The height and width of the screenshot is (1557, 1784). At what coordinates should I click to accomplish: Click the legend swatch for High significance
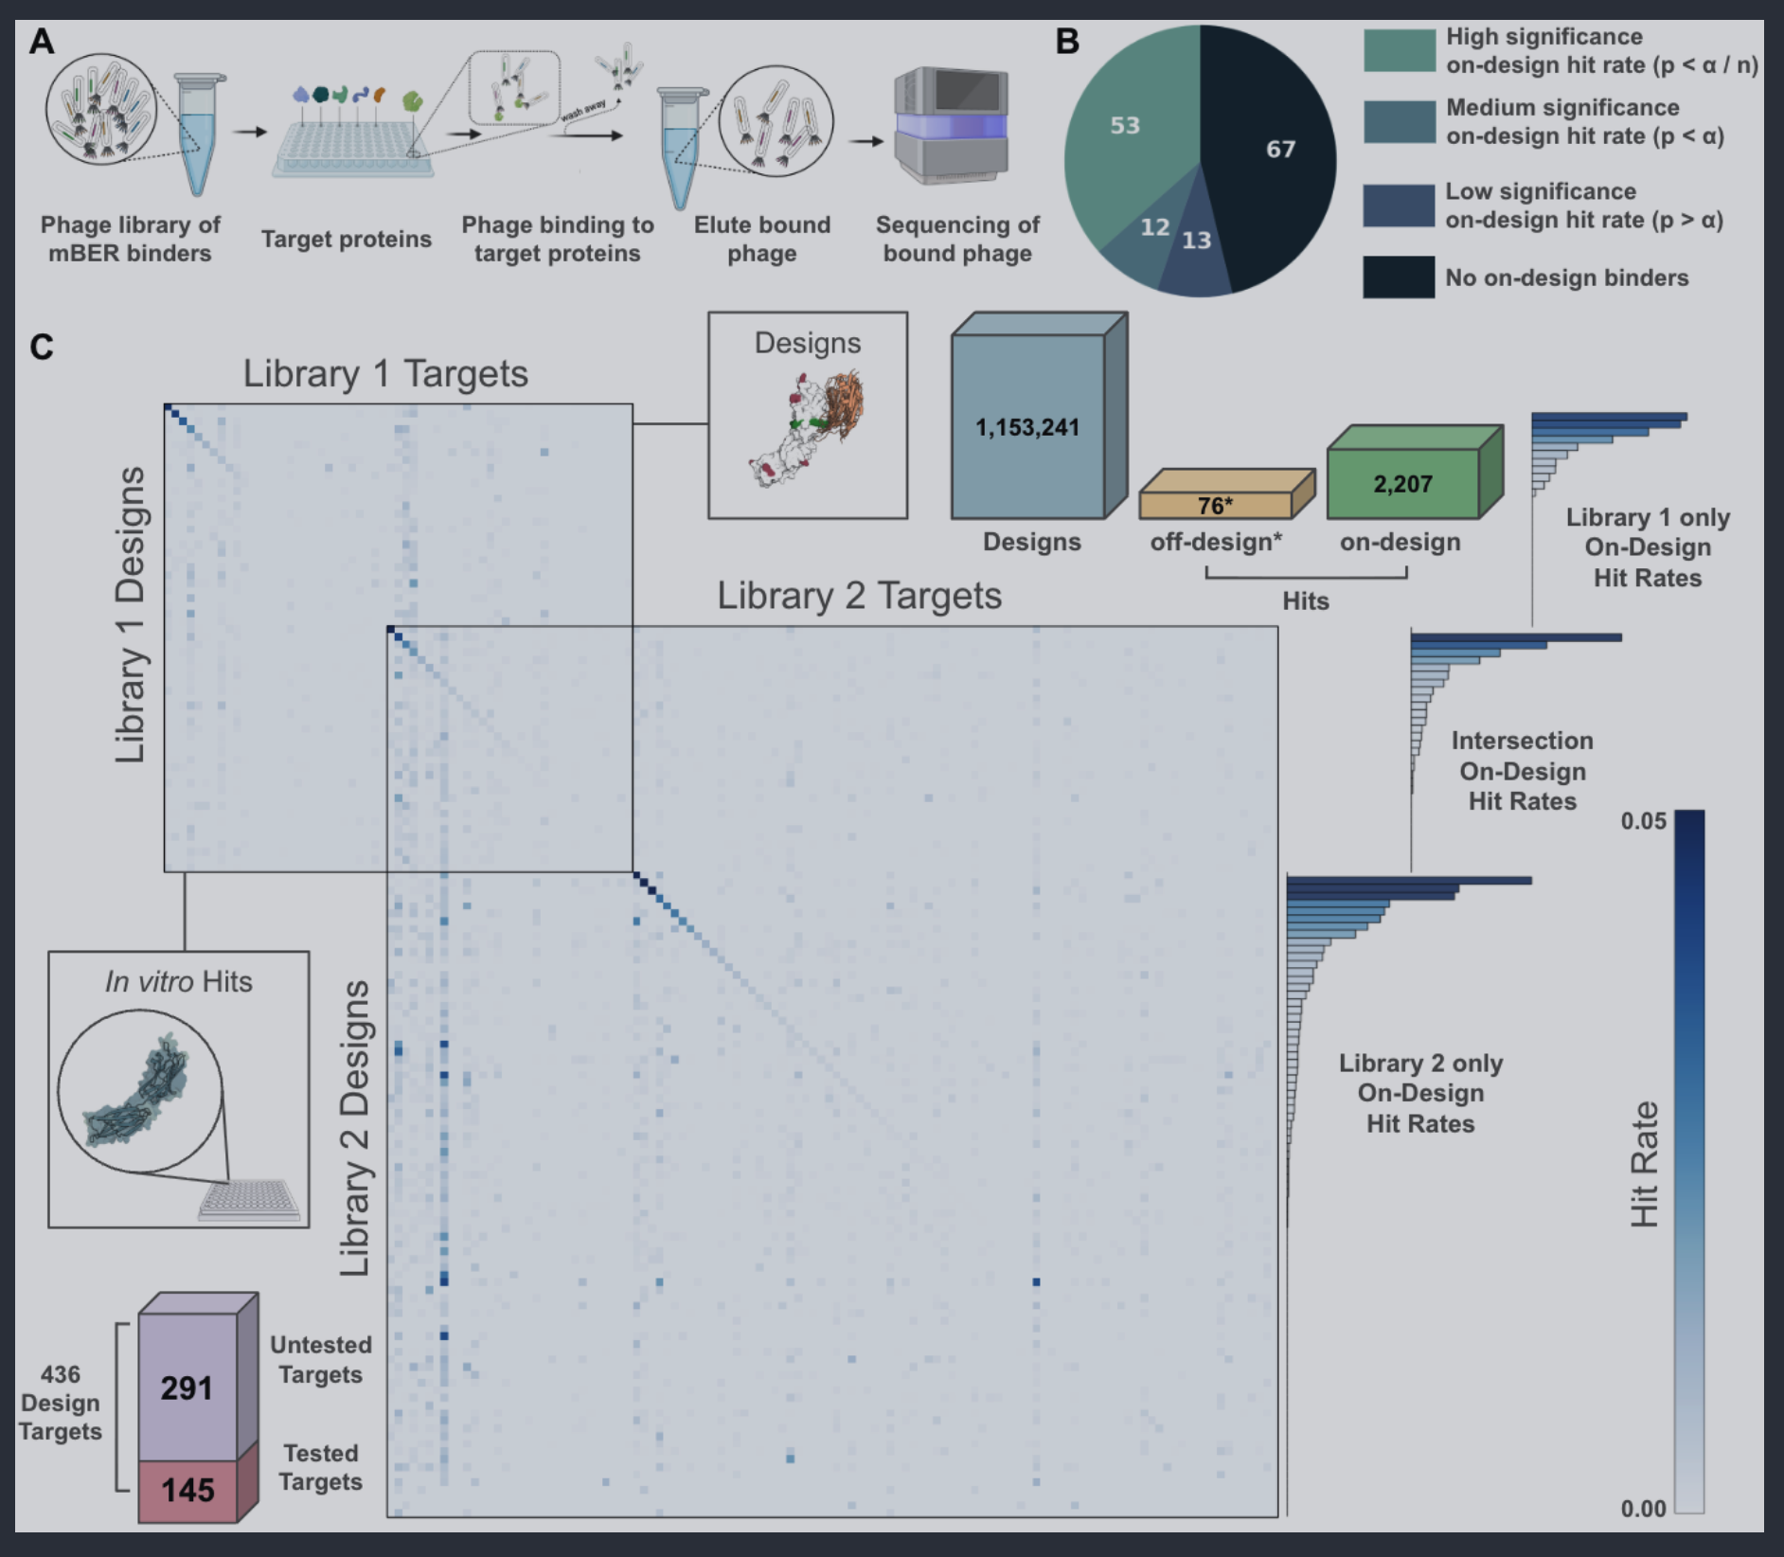tap(1399, 50)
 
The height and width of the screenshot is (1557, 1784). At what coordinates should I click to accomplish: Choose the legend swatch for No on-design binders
tap(1399, 277)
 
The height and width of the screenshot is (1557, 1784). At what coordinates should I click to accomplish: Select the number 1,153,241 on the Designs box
tap(1027, 427)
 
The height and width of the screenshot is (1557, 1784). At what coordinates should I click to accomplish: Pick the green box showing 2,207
tap(1402, 484)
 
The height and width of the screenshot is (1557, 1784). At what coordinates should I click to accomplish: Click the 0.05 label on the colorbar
tap(1643, 820)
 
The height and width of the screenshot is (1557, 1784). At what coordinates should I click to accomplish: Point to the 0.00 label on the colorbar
tap(1643, 1508)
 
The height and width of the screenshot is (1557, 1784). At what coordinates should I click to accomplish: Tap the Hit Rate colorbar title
tap(1645, 1164)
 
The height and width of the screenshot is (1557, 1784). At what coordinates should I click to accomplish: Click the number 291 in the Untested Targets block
tap(187, 1387)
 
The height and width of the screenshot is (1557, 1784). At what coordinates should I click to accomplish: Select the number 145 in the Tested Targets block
tap(187, 1490)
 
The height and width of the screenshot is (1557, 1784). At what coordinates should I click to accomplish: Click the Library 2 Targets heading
tap(859, 596)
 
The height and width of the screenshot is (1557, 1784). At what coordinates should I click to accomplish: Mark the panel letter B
tap(1067, 42)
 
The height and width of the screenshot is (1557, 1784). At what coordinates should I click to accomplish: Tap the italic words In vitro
tap(150, 981)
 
